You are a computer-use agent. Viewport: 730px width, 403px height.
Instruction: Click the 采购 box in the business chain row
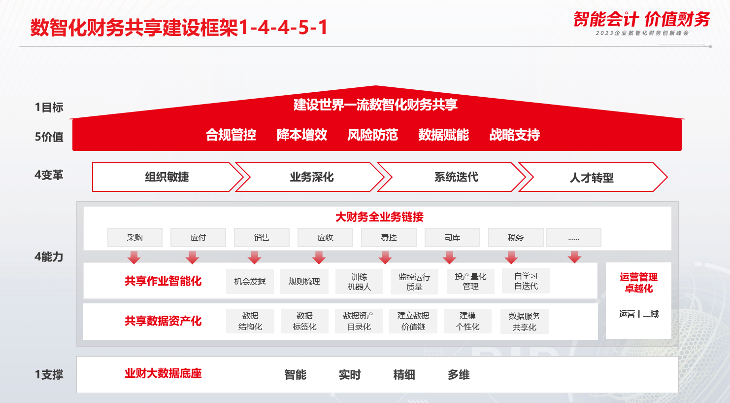(134, 237)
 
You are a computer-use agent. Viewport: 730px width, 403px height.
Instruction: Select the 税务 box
(515, 237)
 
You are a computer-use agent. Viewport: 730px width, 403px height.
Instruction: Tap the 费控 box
(389, 237)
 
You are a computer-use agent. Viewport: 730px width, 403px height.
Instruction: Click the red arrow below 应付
(192, 257)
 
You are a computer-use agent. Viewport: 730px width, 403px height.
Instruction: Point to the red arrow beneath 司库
(449, 257)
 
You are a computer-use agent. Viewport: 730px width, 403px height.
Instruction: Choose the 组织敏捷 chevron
(166, 177)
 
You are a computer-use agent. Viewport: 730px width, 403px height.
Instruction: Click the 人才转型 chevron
(592, 178)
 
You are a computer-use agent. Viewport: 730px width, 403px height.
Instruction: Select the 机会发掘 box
(250, 281)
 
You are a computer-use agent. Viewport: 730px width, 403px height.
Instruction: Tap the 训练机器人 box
(359, 282)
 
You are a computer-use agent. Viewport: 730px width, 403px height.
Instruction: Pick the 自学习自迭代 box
(526, 281)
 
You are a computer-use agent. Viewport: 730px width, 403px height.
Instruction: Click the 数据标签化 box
(304, 321)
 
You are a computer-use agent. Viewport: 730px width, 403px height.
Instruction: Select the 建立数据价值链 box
(413, 321)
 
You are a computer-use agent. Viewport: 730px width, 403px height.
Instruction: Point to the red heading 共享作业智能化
(163, 281)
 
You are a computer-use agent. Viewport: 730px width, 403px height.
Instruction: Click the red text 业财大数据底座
(163, 373)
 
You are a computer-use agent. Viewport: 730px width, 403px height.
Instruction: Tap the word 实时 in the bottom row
(350, 375)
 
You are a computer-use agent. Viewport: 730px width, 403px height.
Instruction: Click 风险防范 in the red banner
(372, 135)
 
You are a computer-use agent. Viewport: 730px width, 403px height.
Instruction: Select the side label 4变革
(49, 175)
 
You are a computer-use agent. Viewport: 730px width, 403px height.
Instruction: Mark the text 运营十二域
(638, 314)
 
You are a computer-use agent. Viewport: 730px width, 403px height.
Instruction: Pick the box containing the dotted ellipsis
(574, 237)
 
